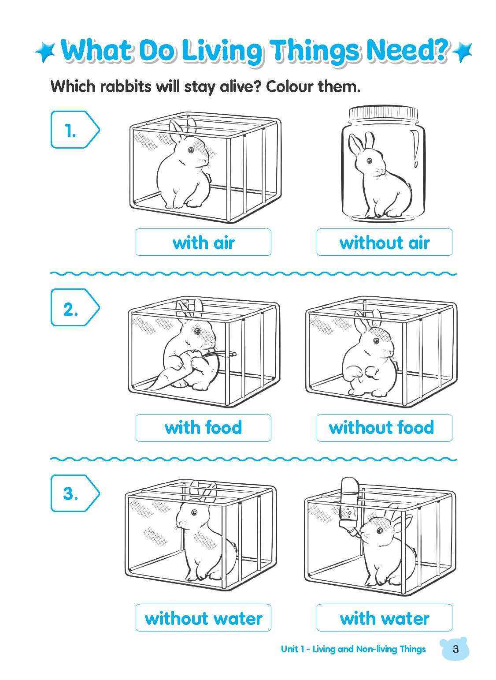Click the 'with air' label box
[203, 242]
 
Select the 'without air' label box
[384, 242]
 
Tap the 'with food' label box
[203, 427]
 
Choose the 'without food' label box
[384, 427]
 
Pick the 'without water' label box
[203, 617]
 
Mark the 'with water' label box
[384, 617]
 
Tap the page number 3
[455, 649]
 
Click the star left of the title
[45, 52]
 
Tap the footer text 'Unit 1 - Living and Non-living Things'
[353, 649]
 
